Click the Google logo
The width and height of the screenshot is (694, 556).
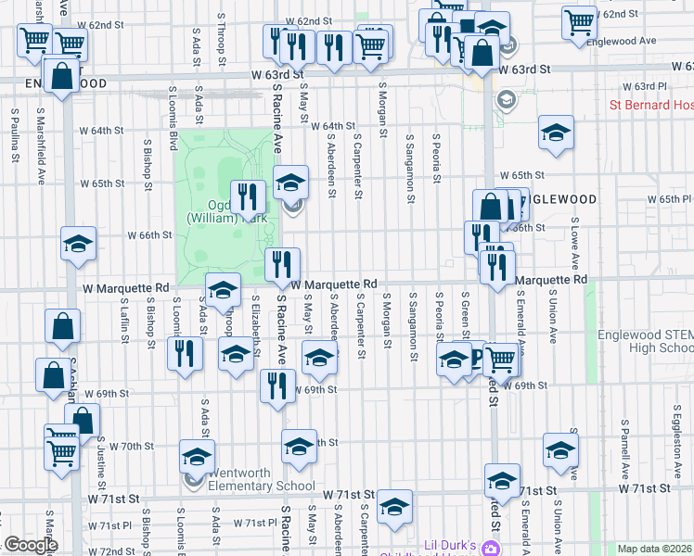pos(30,545)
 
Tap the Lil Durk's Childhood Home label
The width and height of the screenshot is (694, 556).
pos(450,549)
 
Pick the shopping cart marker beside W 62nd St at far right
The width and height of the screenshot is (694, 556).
pos(580,22)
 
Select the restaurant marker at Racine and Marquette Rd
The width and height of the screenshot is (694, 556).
pos(282,265)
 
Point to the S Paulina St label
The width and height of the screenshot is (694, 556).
pos(16,133)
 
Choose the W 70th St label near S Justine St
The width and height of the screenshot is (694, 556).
pos(131,446)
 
